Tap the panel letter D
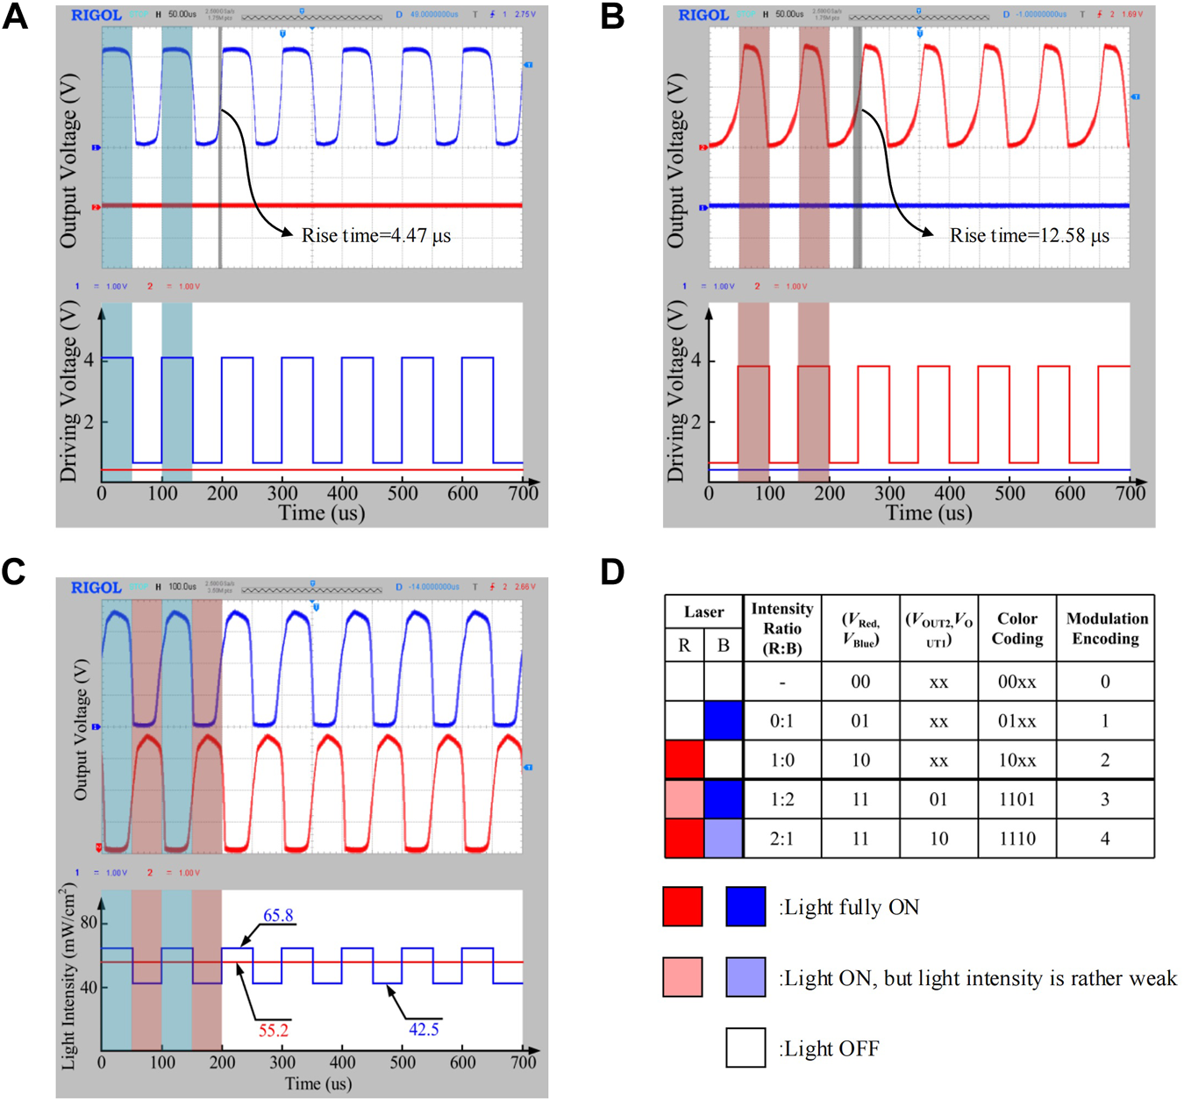click(x=612, y=572)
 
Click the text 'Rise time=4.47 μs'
click(x=376, y=235)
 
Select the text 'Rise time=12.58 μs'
click(x=1029, y=235)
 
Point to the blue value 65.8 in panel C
click(x=278, y=915)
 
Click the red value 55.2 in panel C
click(x=273, y=1030)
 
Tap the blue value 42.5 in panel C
click(x=424, y=1029)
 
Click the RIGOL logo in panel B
click(x=703, y=15)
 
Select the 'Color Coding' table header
click(x=1016, y=628)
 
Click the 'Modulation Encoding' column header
click(x=1106, y=628)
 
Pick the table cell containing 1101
click(x=1016, y=799)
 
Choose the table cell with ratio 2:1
click(x=781, y=839)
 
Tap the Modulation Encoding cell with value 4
click(x=1105, y=839)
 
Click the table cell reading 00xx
click(x=1016, y=682)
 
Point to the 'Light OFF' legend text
click(x=829, y=1048)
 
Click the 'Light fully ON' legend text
click(x=849, y=907)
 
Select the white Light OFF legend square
click(x=745, y=1047)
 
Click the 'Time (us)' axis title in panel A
click(x=321, y=512)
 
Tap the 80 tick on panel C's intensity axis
click(x=89, y=923)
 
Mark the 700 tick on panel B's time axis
click(x=1130, y=493)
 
